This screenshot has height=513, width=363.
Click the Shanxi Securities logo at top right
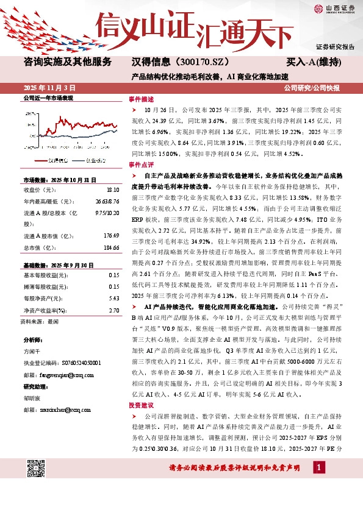coord(333,8)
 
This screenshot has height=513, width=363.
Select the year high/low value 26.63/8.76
coord(106,201)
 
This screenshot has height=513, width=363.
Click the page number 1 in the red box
coord(318,467)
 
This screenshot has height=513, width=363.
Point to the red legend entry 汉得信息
coord(62,161)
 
